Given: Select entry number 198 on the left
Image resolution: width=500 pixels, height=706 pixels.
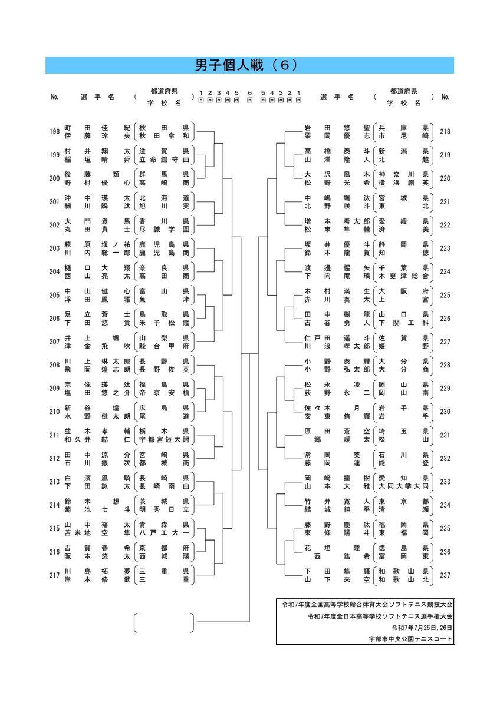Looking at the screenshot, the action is point(55,131).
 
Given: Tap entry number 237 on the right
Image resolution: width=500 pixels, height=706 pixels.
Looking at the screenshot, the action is point(445,575).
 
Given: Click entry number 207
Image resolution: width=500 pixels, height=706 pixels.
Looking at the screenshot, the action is point(55,342).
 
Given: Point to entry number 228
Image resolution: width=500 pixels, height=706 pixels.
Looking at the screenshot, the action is point(445,365).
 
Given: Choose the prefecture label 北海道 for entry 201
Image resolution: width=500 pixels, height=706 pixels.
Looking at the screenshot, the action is point(164,198).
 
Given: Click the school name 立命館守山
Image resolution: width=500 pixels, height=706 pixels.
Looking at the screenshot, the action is point(164,160).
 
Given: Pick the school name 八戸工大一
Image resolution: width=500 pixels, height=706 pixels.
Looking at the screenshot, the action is point(164,533).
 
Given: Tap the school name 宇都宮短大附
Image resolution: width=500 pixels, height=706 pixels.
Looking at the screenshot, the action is point(164,439).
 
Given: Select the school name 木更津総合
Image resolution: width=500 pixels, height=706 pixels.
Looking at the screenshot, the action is point(403,276).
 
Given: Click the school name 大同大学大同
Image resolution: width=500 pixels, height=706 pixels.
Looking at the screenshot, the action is point(403,486).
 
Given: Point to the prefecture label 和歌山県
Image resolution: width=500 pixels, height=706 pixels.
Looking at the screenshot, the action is point(403,571).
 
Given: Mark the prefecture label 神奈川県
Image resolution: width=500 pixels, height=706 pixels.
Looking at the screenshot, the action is point(403,174).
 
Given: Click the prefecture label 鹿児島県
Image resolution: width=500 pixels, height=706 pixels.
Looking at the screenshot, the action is point(164,244).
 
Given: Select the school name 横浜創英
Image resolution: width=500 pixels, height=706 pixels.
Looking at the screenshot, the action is point(403,183).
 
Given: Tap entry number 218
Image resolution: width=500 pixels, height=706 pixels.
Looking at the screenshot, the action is point(445,131).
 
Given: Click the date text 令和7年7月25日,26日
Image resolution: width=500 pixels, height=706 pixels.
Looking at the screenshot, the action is point(422,628).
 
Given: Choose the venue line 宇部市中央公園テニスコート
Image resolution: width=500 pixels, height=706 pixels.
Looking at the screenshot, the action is point(410,639).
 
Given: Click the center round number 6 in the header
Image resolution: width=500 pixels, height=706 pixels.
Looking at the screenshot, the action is point(249,93).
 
